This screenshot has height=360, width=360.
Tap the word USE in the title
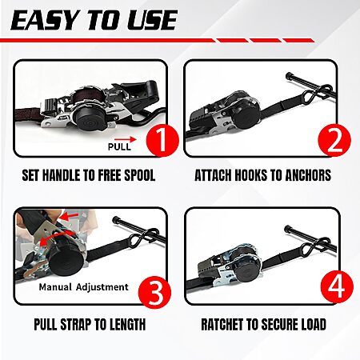(x=152, y=20)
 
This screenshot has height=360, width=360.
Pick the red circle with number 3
(x=155, y=291)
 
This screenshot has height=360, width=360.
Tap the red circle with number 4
(x=337, y=286)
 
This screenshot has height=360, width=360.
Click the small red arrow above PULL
(x=126, y=139)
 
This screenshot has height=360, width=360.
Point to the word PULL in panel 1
(x=119, y=146)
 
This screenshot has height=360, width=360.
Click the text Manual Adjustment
(x=83, y=287)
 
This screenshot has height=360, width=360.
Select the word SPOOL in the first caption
(x=139, y=175)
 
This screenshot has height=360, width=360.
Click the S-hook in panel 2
(x=322, y=91)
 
